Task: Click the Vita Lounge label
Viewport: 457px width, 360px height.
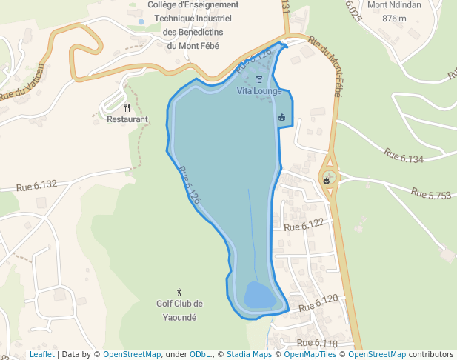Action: [258, 91]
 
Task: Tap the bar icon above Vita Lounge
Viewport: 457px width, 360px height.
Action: [258, 79]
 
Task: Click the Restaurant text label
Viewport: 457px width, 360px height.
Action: [127, 119]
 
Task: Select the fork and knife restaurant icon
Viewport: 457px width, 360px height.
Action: [127, 107]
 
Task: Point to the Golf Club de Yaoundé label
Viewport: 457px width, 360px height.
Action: [179, 310]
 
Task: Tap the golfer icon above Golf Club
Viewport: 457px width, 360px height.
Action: [179, 293]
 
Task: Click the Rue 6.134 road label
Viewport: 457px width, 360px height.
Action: [403, 156]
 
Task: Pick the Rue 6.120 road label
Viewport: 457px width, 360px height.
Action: [318, 302]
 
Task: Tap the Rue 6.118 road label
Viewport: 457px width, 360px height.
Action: [317, 343]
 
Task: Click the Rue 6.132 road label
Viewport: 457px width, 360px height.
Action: [36, 185]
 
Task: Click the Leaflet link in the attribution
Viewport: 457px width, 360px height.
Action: [41, 354]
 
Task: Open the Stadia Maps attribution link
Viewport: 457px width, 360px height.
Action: [249, 354]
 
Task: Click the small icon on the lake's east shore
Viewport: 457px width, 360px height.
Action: [281, 117]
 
